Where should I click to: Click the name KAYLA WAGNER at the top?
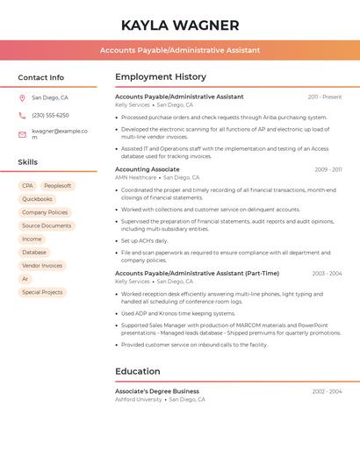coord(179,25)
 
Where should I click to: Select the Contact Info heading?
coord(40,77)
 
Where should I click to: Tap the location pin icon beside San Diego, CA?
coord(22,97)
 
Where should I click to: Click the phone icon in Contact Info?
coord(22,115)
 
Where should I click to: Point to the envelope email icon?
coord(22,134)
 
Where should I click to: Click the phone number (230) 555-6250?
coord(50,115)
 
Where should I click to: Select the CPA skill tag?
coord(28,186)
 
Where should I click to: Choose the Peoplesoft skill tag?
coord(58,186)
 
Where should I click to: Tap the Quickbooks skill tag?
coord(37,199)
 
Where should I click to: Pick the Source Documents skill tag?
coord(47,225)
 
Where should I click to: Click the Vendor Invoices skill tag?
coord(42,265)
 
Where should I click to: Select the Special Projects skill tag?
coord(42,292)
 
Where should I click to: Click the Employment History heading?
coord(161,77)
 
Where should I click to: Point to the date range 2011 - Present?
coord(325,97)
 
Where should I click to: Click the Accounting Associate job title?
coord(148,169)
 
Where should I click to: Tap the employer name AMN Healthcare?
coord(135,177)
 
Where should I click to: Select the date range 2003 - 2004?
coord(327,274)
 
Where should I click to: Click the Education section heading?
coord(138,371)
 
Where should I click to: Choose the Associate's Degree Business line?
coord(157,391)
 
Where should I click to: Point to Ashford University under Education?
coord(139,399)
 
